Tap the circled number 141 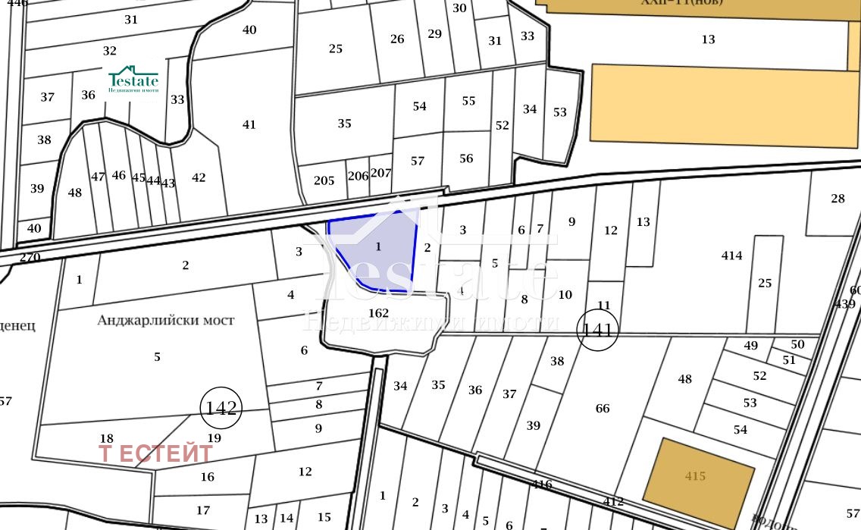tap(598, 330)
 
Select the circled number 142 tap(221, 408)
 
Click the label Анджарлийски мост tap(166, 320)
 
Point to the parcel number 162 tap(378, 312)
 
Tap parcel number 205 tap(324, 180)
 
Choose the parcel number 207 tap(380, 173)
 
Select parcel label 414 tap(731, 256)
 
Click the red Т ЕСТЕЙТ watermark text tap(156, 453)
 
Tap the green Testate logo tap(133, 80)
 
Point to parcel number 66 tap(603, 409)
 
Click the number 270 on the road tap(30, 258)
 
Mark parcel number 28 tap(838, 199)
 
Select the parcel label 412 tap(613, 501)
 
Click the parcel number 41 tap(249, 124)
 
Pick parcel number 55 tap(468, 101)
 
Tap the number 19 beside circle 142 tap(214, 437)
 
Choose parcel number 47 tap(98, 177)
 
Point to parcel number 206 tap(358, 176)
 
